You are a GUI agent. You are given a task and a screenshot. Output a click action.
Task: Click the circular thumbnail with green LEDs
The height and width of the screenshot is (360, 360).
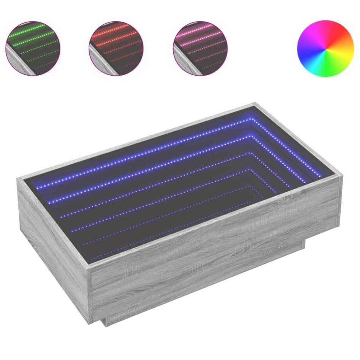tap(33, 48)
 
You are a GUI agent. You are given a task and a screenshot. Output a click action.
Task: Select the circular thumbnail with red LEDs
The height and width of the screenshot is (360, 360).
tap(116, 48)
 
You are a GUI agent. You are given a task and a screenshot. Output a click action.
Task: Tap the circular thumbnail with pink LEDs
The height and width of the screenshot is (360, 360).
tap(200, 48)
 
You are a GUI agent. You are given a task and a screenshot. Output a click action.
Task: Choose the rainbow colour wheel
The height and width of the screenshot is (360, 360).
tap(325, 49)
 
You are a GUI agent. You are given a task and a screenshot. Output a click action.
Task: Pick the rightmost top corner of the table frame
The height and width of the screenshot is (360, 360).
tap(341, 176)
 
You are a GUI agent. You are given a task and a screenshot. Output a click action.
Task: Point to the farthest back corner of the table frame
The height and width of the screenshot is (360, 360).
tap(256, 104)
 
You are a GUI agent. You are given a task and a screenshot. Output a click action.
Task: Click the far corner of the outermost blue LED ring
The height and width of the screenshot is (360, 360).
tap(252, 119)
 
